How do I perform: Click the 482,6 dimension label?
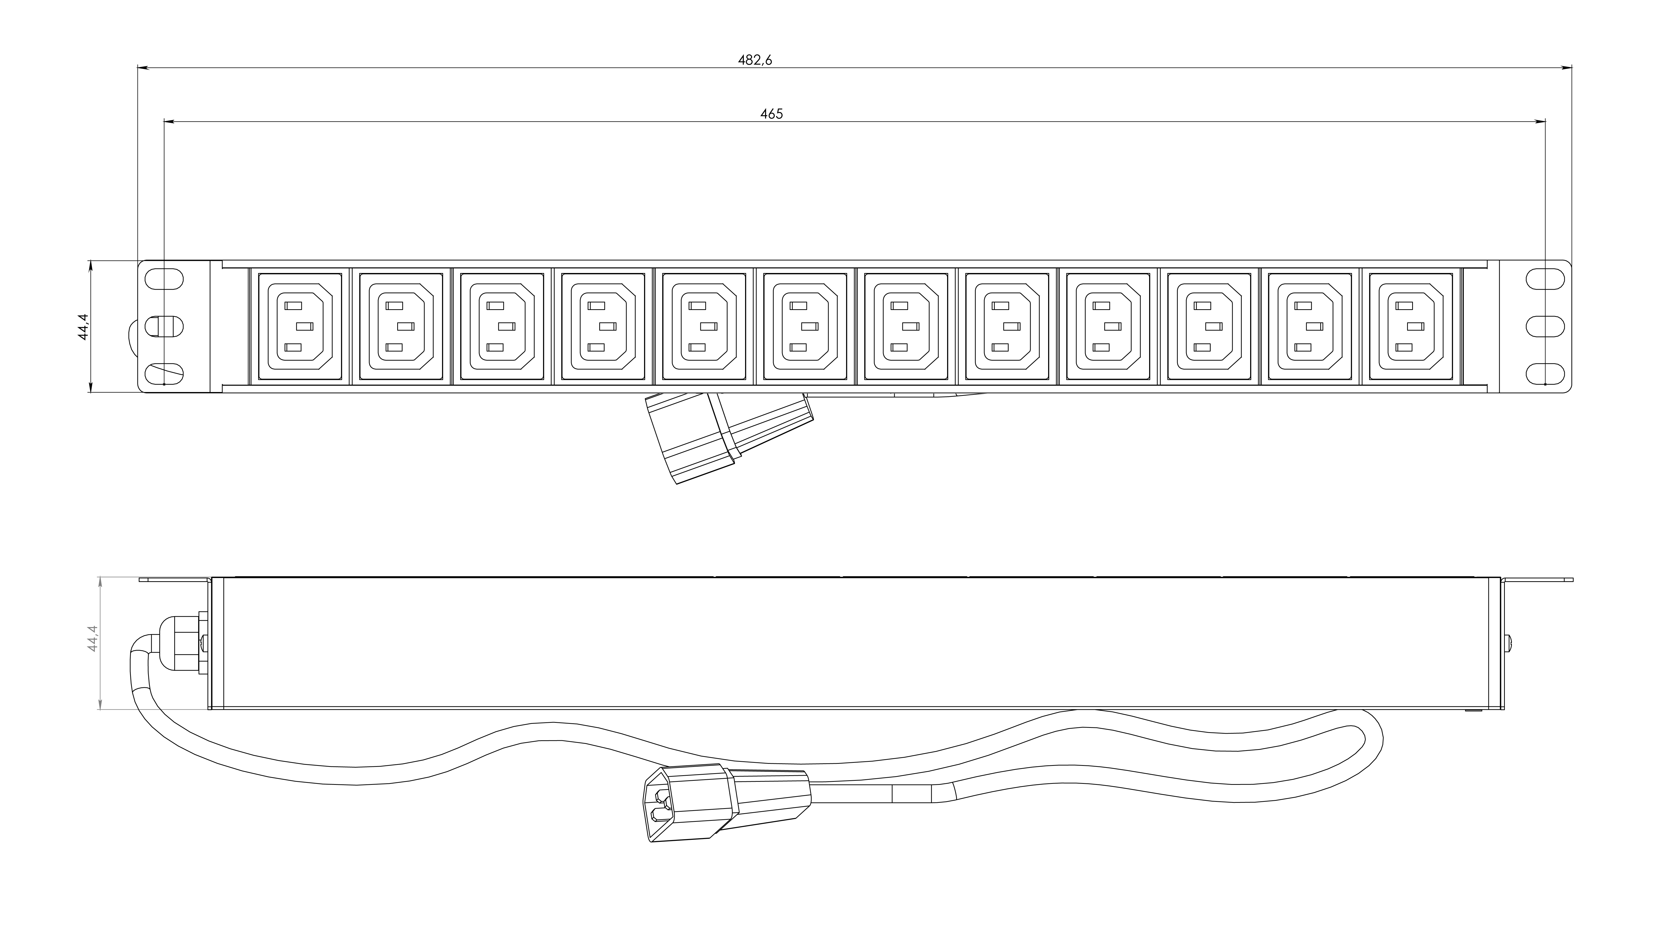[755, 60]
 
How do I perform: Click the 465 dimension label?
[771, 114]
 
